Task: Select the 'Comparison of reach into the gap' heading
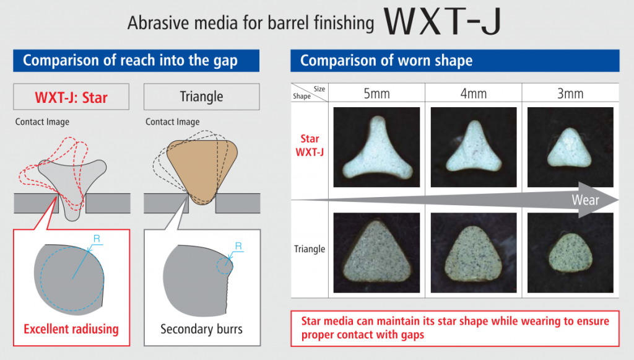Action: [x=130, y=60]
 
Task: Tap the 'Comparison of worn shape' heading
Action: [x=386, y=60]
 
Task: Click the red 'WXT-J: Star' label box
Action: [x=71, y=97]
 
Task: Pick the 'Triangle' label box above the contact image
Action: [x=201, y=97]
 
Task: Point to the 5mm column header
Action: [x=376, y=94]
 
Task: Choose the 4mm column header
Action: [x=474, y=94]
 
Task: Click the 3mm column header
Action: [x=570, y=94]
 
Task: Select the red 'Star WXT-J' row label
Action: [x=310, y=145]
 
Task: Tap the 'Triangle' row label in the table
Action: [x=310, y=248]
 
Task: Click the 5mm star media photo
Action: [x=376, y=147]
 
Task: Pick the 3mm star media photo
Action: [x=570, y=147]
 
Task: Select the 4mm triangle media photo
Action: [x=474, y=253]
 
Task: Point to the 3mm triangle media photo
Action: [x=570, y=253]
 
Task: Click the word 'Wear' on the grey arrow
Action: [x=585, y=200]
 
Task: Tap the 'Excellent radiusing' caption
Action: [x=71, y=329]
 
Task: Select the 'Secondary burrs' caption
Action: [x=201, y=329]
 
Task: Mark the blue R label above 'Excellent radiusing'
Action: [x=97, y=239]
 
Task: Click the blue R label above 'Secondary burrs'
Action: [x=238, y=246]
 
